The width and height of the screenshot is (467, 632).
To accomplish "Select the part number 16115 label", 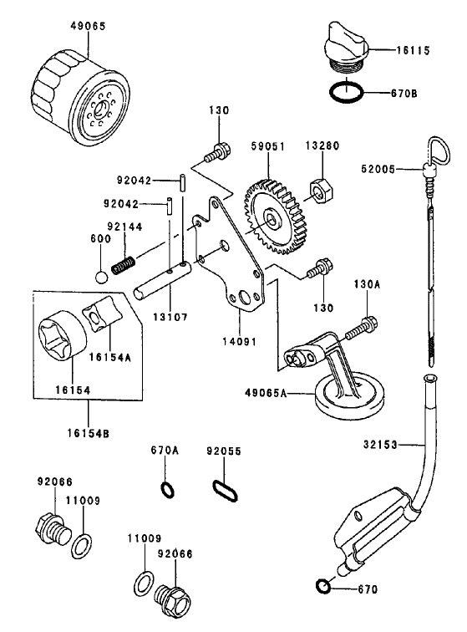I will pyautogui.click(x=413, y=51).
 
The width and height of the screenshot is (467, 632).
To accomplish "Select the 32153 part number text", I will pyautogui.click(x=382, y=444).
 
